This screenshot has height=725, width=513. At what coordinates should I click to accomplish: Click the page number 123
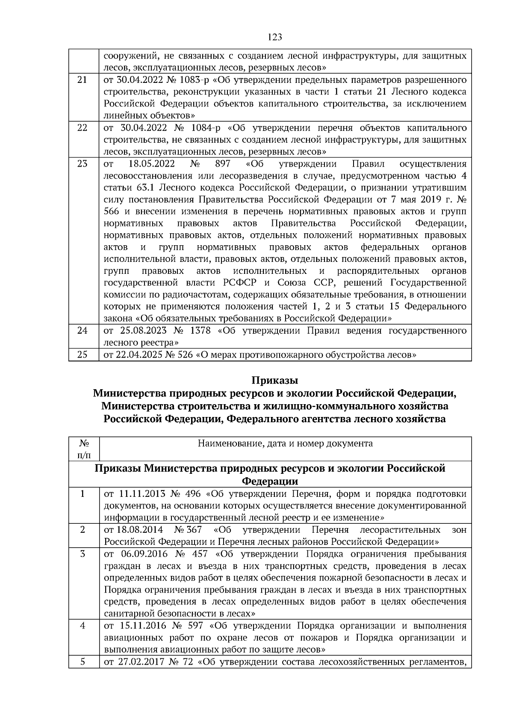coord(275,37)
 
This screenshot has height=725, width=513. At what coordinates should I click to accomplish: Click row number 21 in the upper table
coord(83,80)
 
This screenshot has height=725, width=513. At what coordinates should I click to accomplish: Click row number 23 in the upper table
coord(83,164)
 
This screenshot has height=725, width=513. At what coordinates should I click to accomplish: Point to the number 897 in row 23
coord(222,164)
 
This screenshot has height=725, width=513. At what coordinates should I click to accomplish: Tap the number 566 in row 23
coord(112,211)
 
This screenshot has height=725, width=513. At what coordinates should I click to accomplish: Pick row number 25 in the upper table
coord(83,355)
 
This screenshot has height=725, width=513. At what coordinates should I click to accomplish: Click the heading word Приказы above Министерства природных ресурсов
coord(274,380)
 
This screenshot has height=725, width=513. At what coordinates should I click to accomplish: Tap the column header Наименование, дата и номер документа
coord(285,443)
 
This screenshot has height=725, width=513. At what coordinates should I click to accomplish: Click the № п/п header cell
coord(83,449)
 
